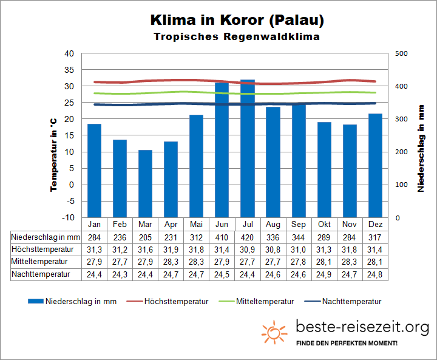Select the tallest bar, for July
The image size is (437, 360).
pos(247,148)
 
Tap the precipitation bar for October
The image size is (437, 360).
pos(324,169)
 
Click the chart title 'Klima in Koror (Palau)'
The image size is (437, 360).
pos(237,20)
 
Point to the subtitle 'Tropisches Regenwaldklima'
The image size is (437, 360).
pos(237,36)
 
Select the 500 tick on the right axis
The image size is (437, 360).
pos(401,53)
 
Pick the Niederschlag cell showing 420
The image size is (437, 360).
pos(247,236)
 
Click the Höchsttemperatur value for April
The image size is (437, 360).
pos(171,249)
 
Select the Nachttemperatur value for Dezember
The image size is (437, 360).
pos(375,274)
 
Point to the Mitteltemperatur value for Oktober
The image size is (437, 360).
pos(324,262)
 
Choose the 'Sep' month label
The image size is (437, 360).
pos(299,223)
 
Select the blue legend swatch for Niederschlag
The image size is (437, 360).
pos(36,301)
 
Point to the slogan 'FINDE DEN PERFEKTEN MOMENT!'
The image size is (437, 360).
pos(347,344)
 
